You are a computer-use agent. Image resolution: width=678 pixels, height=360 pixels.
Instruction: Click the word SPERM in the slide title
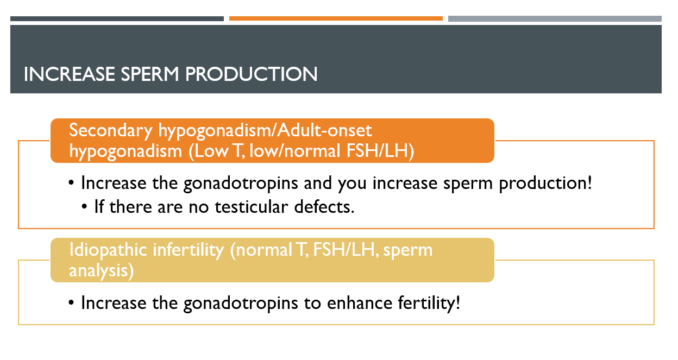(150, 74)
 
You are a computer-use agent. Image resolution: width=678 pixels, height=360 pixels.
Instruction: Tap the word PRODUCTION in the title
(252, 74)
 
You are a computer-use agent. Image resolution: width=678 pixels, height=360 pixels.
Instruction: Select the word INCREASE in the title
(70, 74)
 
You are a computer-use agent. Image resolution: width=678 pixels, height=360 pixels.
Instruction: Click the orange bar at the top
(336, 18)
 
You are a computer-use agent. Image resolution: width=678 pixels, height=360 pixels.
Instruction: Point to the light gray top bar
(555, 19)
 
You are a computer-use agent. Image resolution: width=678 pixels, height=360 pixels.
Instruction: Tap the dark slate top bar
(117, 19)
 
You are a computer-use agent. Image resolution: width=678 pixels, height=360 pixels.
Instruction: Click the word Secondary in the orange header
(110, 131)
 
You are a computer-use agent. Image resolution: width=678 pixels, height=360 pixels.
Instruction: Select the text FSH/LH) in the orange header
(380, 151)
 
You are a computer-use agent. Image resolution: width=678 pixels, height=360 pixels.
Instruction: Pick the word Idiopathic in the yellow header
(108, 250)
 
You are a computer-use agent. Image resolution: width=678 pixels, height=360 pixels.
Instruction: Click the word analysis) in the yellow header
(102, 271)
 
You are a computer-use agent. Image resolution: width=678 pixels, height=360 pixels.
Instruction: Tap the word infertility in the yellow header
(189, 250)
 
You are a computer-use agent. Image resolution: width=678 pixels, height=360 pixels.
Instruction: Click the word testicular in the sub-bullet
(251, 207)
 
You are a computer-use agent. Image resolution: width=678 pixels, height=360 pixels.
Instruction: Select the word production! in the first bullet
(545, 184)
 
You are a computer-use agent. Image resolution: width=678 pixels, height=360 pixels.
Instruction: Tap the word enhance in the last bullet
(360, 303)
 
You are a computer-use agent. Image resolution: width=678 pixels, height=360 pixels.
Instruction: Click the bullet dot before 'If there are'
(84, 207)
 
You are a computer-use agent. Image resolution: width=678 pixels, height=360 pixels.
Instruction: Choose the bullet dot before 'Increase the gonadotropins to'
(71, 303)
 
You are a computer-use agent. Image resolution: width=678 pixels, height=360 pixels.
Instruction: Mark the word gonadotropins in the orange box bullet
(241, 184)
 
